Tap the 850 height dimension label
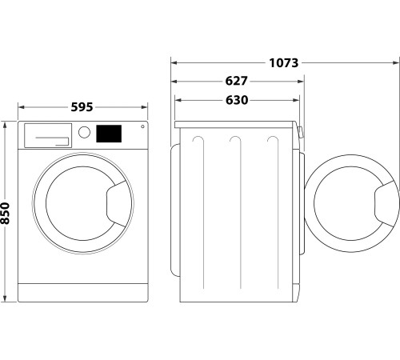[6, 212]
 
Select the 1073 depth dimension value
[282, 62]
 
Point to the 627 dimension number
[236, 82]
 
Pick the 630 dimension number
[236, 100]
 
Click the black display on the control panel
[109, 134]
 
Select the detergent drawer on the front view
[46, 135]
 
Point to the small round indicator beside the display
[142, 127]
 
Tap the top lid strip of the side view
[236, 125]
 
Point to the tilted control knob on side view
[299, 133]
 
